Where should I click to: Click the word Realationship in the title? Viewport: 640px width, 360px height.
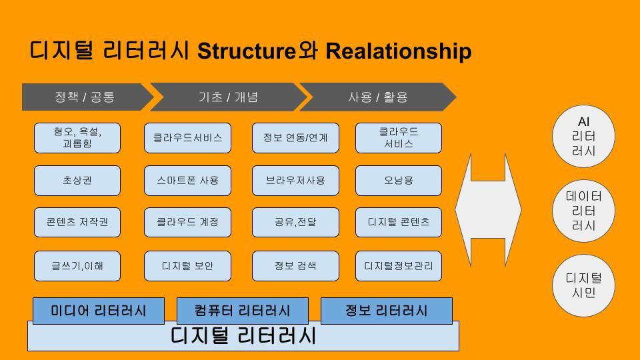398,51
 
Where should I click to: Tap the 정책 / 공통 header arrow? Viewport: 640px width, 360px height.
85,97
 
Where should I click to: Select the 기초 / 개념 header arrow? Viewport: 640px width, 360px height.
228,97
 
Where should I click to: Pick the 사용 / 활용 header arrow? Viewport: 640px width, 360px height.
377,97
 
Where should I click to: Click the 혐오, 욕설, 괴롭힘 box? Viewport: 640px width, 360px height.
77,138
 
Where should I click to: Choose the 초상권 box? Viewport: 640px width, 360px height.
77,181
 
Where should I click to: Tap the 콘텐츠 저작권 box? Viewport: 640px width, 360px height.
77,222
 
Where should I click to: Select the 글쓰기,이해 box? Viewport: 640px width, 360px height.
77,266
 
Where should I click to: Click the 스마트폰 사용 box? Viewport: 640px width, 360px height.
187,181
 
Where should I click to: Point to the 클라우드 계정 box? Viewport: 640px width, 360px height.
187,222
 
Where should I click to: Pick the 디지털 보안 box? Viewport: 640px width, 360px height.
187,266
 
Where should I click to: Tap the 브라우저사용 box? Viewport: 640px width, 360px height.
295,181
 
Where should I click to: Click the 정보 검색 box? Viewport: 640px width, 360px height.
295,266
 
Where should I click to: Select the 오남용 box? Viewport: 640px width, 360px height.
399,181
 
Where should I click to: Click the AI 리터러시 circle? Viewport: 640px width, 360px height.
584,136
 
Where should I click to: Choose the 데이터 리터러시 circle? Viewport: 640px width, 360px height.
584,211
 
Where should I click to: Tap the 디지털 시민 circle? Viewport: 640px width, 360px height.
584,285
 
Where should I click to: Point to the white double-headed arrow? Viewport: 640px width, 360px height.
488,210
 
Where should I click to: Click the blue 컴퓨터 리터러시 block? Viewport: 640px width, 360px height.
242,311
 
